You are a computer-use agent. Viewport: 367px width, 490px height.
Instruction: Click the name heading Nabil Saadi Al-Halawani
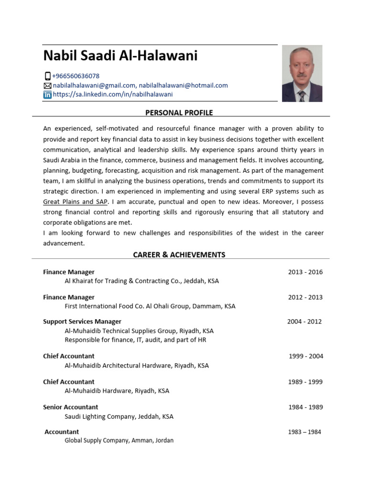[120, 56]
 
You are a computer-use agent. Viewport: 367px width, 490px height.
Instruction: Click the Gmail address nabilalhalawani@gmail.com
[94, 85]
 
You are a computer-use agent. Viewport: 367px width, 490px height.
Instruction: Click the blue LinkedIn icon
[47, 95]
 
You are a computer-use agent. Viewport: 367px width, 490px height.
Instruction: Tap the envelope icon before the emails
[47, 85]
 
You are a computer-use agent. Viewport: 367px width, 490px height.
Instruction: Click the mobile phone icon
[47, 76]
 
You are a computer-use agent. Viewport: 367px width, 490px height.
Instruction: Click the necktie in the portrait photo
[302, 95]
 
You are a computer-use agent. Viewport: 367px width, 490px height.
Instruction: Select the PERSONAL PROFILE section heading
[179, 112]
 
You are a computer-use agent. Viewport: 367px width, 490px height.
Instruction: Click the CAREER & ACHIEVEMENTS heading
[179, 255]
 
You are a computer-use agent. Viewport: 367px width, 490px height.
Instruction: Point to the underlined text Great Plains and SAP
[76, 202]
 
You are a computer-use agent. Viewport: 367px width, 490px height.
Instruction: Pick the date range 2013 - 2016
[305, 272]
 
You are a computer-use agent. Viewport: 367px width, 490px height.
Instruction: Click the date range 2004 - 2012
[304, 322]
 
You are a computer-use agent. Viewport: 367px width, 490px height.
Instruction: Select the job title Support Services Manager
[82, 322]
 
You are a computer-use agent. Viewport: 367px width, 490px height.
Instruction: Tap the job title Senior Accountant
[70, 407]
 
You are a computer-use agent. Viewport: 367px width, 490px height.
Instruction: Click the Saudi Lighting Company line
[119, 416]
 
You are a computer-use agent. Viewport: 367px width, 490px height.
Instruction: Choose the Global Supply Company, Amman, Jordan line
[119, 440]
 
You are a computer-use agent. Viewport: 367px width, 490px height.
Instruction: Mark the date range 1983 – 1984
[304, 432]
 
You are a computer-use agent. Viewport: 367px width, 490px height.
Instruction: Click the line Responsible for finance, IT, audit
[135, 340]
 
